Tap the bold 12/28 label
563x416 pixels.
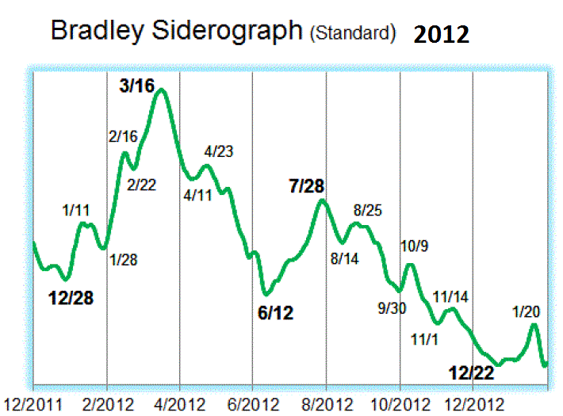71,298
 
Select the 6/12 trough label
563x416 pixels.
275,312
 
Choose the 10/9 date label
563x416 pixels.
414,246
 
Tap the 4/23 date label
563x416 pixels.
218,151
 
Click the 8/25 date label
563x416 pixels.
368,210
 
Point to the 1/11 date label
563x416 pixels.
77,210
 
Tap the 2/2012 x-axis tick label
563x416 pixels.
108,403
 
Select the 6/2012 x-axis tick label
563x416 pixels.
252,403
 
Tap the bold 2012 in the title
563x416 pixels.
441,34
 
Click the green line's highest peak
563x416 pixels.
162,90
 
